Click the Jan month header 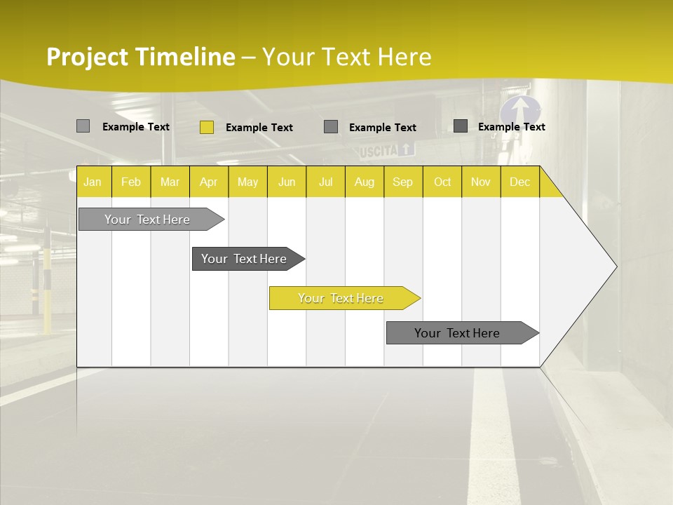tap(93, 182)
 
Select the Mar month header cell tap(170, 182)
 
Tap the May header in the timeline tap(247, 182)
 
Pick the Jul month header tap(325, 182)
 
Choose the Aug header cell tap(364, 182)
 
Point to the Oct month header tap(442, 182)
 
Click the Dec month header tap(519, 182)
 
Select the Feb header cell tap(131, 182)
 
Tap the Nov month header tap(481, 182)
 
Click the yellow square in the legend tap(207, 127)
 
